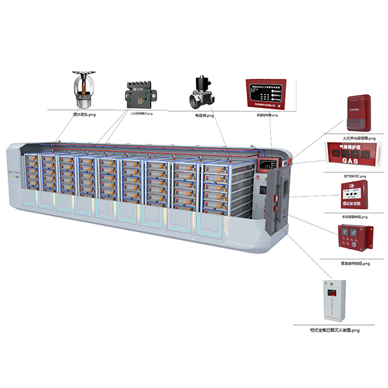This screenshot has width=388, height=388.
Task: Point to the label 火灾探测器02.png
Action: tap(142, 114)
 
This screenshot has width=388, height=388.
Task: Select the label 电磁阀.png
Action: tap(204, 116)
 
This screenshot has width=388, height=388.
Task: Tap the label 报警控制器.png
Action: tap(265, 115)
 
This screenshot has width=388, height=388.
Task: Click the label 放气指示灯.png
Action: tap(354, 175)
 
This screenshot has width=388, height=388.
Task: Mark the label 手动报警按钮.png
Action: tap(354, 217)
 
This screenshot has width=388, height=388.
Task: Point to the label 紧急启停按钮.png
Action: tap(354, 263)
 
